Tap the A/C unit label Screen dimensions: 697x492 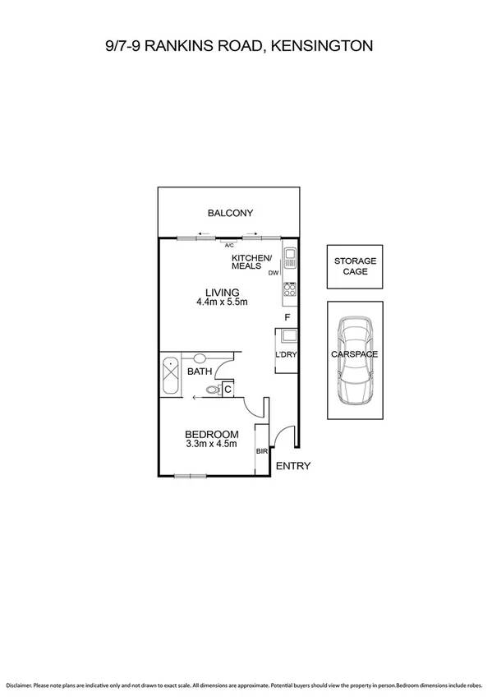tap(229, 244)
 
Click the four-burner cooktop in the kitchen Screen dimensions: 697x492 tap(289, 289)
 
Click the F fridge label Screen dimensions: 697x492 tap(287, 317)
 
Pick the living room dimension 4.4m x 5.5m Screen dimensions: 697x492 tap(222, 302)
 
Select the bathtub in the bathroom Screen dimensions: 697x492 tap(171, 375)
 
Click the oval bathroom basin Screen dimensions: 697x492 tap(200, 358)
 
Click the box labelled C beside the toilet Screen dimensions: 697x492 tap(228, 390)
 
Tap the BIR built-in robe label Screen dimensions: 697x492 tap(262, 452)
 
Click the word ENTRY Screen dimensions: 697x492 tap(292, 466)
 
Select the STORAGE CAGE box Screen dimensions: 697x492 tap(354, 266)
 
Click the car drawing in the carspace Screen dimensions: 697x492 tap(354, 362)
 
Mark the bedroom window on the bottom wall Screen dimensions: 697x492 tap(190, 475)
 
